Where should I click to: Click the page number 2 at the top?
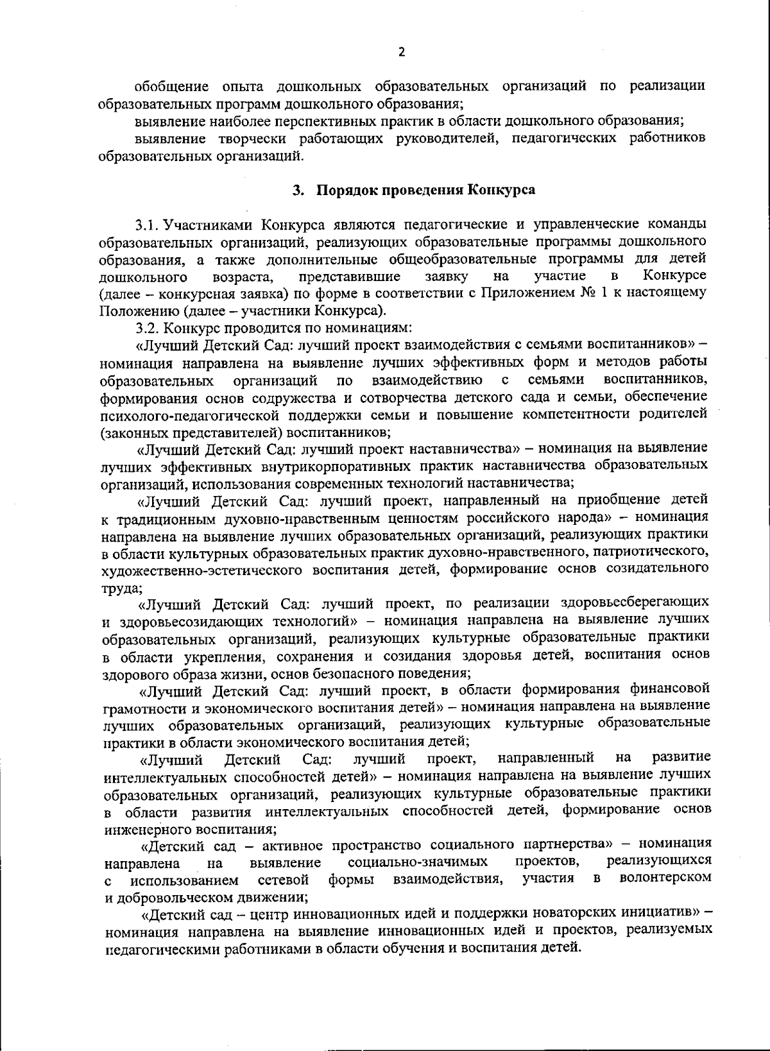tap(402, 52)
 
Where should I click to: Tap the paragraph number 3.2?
tap(148, 328)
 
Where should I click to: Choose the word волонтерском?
tap(665, 878)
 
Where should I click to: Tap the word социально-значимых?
tap(417, 860)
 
